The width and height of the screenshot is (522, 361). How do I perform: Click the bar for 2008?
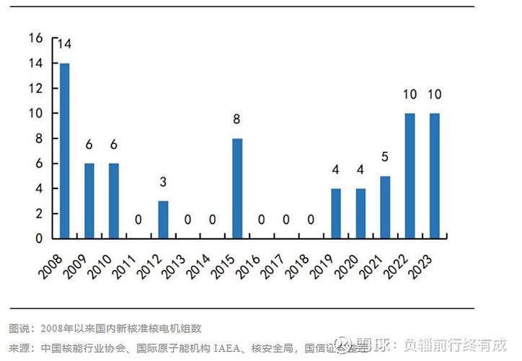(65, 151)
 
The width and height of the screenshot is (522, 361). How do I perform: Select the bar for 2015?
(237, 188)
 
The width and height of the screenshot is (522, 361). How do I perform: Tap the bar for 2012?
(163, 219)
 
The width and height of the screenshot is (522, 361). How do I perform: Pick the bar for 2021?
(385, 207)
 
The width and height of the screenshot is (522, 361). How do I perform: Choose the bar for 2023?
(434, 175)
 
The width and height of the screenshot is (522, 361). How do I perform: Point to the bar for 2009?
(89, 201)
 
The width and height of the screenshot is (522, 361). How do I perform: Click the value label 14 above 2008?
(65, 45)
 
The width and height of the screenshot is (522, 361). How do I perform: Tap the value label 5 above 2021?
(385, 157)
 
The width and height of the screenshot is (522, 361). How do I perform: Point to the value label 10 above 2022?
(410, 95)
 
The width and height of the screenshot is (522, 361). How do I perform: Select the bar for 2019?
(335, 214)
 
